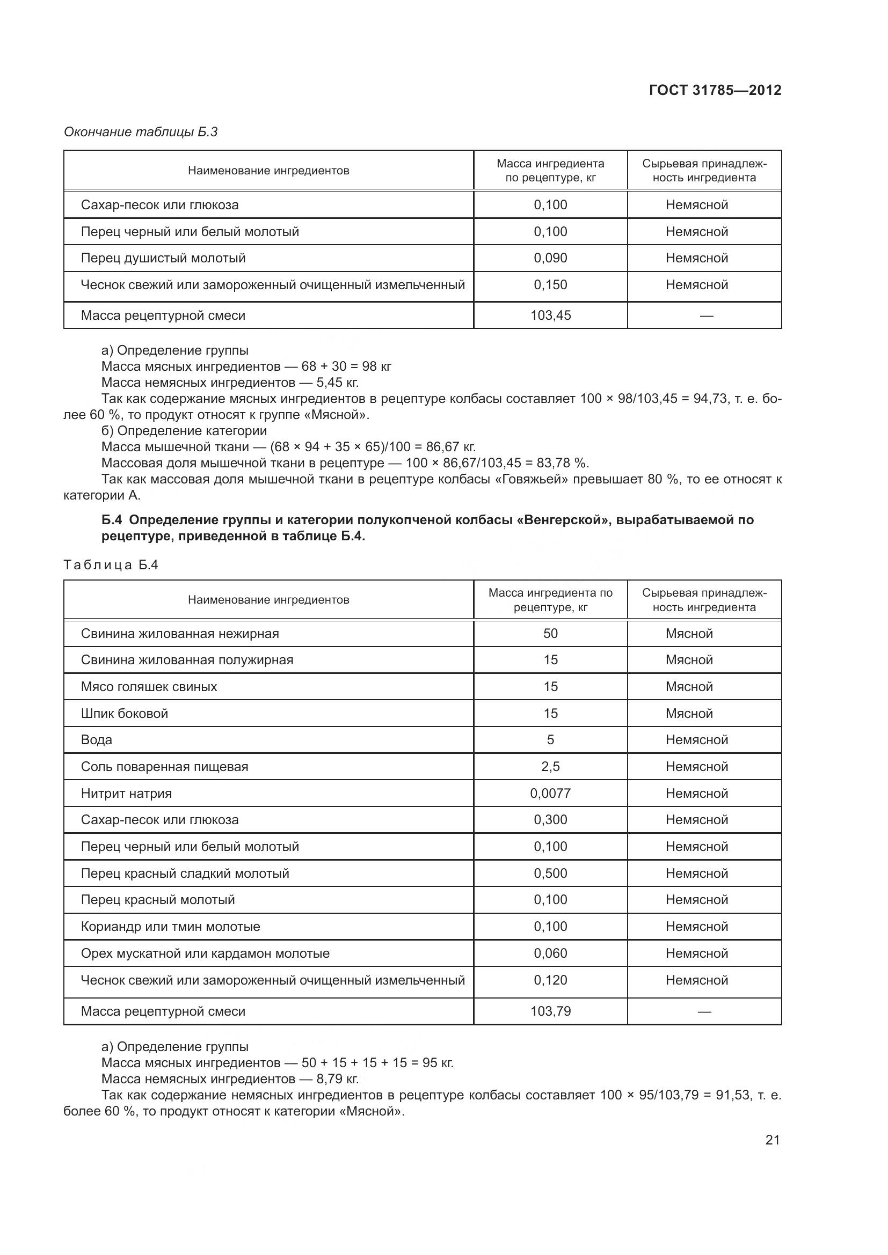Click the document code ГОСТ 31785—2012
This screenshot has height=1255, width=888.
(715, 90)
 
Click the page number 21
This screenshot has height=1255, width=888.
(772, 1140)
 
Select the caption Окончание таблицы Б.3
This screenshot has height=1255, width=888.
(141, 132)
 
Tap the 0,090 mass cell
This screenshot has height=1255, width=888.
(550, 258)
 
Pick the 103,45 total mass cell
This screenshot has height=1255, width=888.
(550, 315)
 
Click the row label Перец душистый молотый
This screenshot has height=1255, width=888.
(163, 258)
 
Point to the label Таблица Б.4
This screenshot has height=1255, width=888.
(111, 564)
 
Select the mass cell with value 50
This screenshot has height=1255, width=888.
(550, 634)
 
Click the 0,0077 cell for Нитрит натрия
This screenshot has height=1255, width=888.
(550, 793)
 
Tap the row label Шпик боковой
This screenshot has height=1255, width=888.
(124, 713)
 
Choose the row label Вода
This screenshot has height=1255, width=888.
(96, 739)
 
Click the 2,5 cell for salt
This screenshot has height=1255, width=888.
(550, 766)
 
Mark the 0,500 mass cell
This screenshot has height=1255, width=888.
(550, 873)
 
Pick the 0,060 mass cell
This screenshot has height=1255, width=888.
(550, 953)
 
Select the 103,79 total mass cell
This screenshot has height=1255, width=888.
(550, 1011)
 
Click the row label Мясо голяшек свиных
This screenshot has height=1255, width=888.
(149, 687)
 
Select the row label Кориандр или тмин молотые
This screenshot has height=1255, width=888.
(170, 927)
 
